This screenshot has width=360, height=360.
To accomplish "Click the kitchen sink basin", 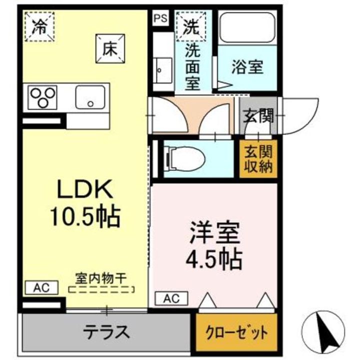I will tap(90, 95).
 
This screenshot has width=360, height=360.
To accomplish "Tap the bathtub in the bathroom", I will tap(248, 28).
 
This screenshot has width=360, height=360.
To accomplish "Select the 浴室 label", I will tap(247, 68).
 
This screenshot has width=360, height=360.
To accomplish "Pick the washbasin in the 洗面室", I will tap(162, 70).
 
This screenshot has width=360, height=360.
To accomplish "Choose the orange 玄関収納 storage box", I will tap(257, 159).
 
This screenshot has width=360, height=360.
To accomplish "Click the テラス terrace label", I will tap(106, 331).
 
